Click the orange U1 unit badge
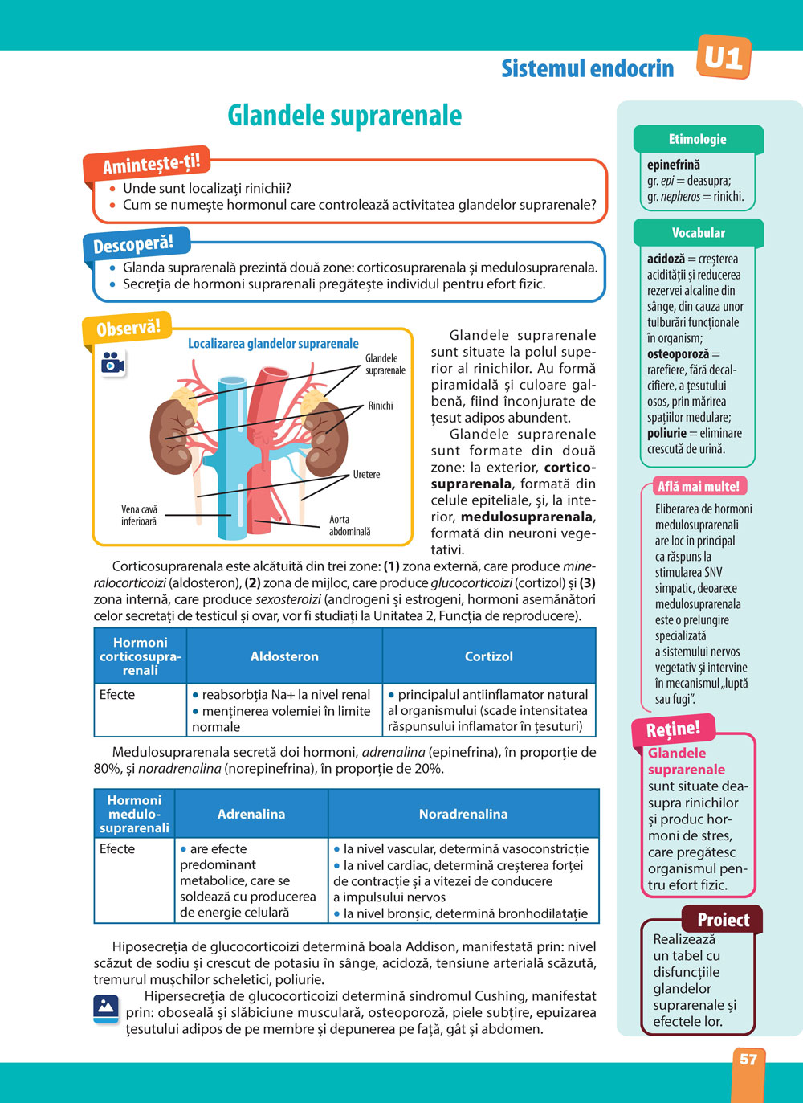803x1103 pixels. click(724, 57)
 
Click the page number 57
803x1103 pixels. click(748, 1059)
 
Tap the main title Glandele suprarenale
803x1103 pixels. click(344, 116)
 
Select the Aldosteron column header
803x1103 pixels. click(284, 656)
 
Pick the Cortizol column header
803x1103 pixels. click(488, 656)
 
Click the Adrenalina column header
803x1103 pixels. click(251, 814)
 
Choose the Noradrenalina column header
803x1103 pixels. click(463, 814)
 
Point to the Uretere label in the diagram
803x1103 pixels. click(366, 475)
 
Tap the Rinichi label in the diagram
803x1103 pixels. click(381, 406)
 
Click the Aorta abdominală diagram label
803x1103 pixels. click(349, 525)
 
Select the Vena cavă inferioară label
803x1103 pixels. click(139, 515)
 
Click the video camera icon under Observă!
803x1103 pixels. click(113, 363)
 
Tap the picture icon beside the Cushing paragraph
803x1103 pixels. click(106, 1007)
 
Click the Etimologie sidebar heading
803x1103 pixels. click(697, 139)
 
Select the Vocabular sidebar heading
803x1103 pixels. click(698, 233)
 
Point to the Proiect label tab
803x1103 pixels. click(723, 920)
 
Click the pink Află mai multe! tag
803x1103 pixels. click(698, 486)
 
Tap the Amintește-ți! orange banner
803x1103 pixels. click(150, 163)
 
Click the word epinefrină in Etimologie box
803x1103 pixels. click(674, 165)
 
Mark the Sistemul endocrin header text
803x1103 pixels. click(588, 68)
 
